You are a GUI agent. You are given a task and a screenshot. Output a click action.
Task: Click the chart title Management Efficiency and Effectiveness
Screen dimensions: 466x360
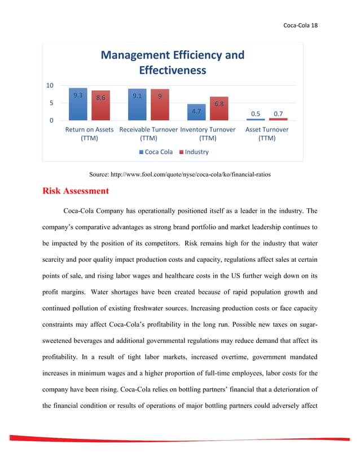[172, 63]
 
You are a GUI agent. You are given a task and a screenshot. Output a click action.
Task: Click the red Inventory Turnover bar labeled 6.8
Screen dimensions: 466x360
[219, 109]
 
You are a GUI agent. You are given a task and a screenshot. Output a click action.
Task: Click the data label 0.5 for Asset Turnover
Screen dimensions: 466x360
[256, 114]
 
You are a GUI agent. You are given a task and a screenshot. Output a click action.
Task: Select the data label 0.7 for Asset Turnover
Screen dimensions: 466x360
[278, 114]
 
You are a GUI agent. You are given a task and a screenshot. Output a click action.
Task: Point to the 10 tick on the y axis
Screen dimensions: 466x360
[50, 86]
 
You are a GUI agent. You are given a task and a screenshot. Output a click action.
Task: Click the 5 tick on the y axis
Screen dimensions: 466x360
[51, 103]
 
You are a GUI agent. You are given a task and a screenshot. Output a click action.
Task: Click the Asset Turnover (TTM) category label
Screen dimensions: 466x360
[267, 134]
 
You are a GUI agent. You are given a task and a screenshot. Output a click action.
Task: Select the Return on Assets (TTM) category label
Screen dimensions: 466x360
[89, 134]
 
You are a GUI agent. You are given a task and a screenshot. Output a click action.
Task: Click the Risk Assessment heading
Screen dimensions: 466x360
[76, 191]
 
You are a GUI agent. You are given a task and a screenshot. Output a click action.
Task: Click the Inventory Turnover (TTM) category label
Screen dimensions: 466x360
[208, 134]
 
